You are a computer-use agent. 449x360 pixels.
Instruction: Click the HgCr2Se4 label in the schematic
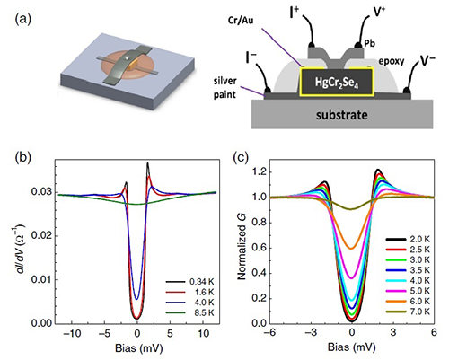click(x=337, y=83)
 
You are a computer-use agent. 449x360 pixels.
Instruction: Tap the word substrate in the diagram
click(x=342, y=115)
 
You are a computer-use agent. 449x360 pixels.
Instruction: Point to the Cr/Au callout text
click(x=241, y=21)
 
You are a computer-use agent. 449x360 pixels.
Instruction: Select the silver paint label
click(x=224, y=88)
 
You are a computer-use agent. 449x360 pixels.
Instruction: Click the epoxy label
click(x=392, y=61)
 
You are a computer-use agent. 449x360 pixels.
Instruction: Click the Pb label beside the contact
click(x=369, y=43)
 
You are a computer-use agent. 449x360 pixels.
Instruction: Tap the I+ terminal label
click(x=295, y=13)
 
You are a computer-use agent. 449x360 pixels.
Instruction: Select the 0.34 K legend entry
click(x=190, y=282)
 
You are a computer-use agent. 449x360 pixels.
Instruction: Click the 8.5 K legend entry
click(x=190, y=313)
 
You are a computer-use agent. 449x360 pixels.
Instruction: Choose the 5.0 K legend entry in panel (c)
click(x=408, y=291)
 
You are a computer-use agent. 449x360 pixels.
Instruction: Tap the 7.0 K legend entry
click(x=408, y=312)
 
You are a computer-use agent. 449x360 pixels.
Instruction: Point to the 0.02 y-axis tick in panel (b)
click(x=41, y=236)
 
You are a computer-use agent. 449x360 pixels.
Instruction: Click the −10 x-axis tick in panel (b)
click(x=72, y=333)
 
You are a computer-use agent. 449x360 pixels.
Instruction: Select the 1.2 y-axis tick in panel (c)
click(x=259, y=172)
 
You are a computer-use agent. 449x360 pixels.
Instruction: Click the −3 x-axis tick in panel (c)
click(x=311, y=332)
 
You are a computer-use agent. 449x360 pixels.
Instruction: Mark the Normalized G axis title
click(x=242, y=246)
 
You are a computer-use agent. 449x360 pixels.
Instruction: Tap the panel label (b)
click(x=23, y=158)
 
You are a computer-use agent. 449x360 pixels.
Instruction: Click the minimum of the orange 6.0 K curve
click(x=352, y=249)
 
